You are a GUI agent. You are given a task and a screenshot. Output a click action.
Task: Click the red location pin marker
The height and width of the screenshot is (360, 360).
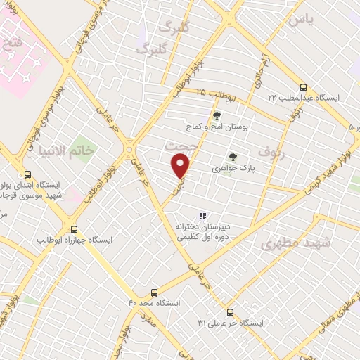pyautogui.click(x=181, y=167)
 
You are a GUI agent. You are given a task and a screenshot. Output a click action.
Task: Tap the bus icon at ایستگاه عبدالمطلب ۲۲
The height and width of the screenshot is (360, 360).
pyautogui.click(x=303, y=88)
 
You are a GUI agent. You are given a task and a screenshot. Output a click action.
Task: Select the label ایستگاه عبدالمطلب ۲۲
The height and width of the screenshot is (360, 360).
pyautogui.click(x=303, y=98)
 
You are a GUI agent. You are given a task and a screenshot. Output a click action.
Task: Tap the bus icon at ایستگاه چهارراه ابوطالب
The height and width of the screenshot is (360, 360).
pyautogui.click(x=75, y=229)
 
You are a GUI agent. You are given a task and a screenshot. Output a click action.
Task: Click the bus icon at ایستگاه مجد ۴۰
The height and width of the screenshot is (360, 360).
pyautogui.click(x=155, y=292)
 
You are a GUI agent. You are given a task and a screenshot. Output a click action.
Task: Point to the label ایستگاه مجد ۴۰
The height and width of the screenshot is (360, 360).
pyautogui.click(x=153, y=303)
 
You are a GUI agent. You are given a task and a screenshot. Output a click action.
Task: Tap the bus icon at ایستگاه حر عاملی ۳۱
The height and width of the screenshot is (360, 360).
pyautogui.click(x=230, y=311)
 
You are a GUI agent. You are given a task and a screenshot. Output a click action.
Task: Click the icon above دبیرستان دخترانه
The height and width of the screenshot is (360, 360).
pyautogui.click(x=202, y=216)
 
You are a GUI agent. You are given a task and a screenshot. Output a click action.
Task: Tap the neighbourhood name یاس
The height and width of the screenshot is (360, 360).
pyautogui.click(x=300, y=20)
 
